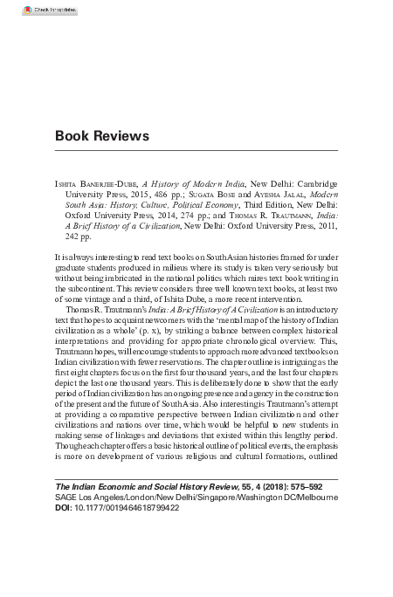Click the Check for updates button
tap(28, 10)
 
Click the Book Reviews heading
tap(102, 136)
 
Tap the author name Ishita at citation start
tap(65, 184)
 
